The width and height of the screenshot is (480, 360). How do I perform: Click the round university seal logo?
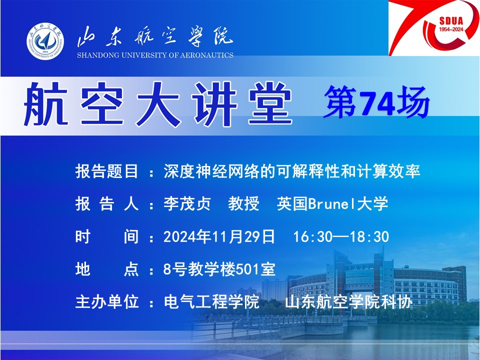45,40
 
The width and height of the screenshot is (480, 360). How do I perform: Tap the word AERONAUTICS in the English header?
206,55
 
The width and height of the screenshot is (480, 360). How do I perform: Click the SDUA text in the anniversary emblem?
451,21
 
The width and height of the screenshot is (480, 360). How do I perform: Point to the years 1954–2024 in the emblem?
451,29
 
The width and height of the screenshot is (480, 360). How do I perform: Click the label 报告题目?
107,171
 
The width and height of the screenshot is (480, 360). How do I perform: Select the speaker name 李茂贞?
187,204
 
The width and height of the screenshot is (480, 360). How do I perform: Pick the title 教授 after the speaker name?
243,204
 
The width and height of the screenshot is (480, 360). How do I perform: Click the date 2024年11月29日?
219,237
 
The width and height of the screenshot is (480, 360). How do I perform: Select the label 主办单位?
107,302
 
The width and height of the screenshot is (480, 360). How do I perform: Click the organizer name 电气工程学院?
211,302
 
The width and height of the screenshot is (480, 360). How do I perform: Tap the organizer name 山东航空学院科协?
348,302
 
